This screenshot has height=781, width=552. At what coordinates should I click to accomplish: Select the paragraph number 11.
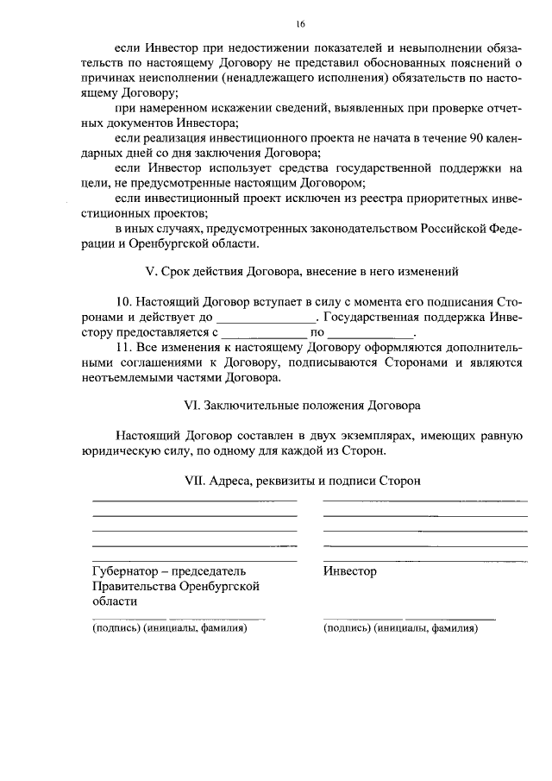(x=124, y=347)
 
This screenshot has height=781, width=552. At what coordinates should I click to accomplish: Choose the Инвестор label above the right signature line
(x=349, y=570)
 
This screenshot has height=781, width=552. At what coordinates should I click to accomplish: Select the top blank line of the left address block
(x=194, y=500)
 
